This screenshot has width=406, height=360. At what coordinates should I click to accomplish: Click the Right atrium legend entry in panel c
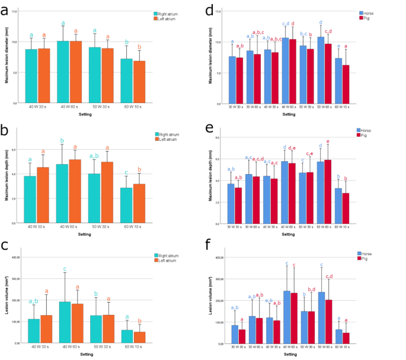[x=171, y=255]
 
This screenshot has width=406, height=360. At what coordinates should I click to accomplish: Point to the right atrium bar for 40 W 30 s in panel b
[x=30, y=199]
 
